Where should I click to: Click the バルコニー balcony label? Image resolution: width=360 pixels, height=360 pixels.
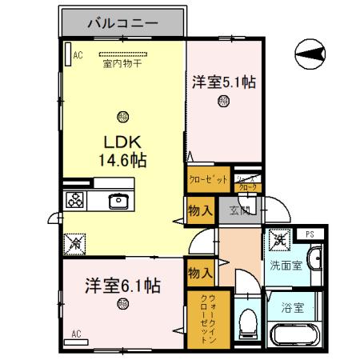[122, 22]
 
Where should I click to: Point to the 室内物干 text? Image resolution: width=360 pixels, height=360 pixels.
[122, 64]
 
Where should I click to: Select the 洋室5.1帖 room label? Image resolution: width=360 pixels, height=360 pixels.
[223, 81]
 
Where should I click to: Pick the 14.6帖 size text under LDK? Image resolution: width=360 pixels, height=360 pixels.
[122, 159]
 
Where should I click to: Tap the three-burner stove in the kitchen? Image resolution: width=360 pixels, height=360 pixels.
[75, 200]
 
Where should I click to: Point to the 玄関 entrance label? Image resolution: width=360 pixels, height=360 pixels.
[240, 211]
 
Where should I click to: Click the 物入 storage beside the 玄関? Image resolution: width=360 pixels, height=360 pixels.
[199, 211]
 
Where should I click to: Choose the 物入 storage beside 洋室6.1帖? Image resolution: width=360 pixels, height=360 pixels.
[199, 274]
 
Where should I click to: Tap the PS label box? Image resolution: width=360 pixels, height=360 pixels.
[309, 234]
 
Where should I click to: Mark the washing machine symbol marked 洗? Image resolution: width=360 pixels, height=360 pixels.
[278, 238]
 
